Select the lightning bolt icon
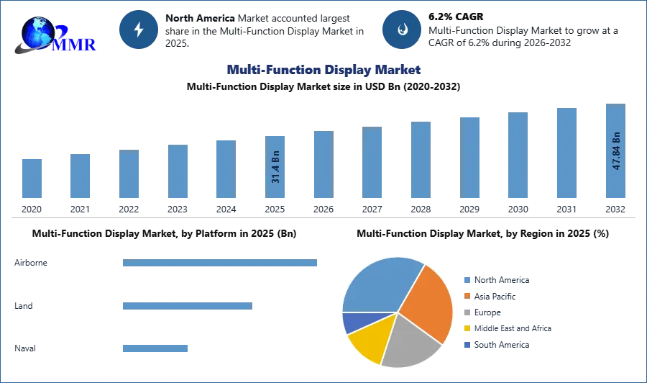point(139,30)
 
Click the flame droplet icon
point(402,30)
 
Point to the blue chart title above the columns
point(323,70)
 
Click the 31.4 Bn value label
point(275,167)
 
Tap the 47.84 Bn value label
point(615,151)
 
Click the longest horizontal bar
point(221,265)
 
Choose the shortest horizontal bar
point(155,348)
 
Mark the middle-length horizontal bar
point(187,306)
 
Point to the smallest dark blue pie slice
point(354,322)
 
